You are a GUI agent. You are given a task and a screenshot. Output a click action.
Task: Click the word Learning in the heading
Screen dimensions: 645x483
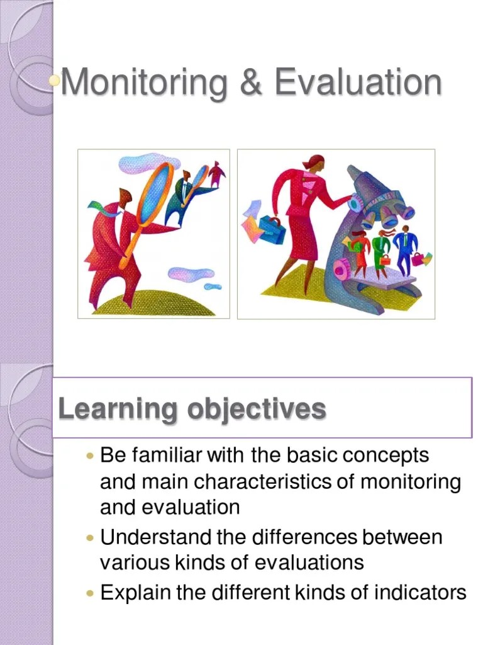coord(118,409)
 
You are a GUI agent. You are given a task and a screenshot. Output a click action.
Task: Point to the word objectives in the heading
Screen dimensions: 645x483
coord(257,410)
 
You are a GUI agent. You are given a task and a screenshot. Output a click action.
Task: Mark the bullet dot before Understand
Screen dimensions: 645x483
coord(90,538)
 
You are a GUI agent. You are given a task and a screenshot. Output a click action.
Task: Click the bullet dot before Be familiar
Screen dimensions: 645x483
coord(90,455)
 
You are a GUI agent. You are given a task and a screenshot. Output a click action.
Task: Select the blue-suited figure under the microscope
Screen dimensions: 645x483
coord(404,249)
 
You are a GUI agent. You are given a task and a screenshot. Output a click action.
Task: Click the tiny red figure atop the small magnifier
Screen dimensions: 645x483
coord(216,174)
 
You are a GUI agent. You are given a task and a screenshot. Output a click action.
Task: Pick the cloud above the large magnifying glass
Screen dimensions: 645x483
coord(140,163)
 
